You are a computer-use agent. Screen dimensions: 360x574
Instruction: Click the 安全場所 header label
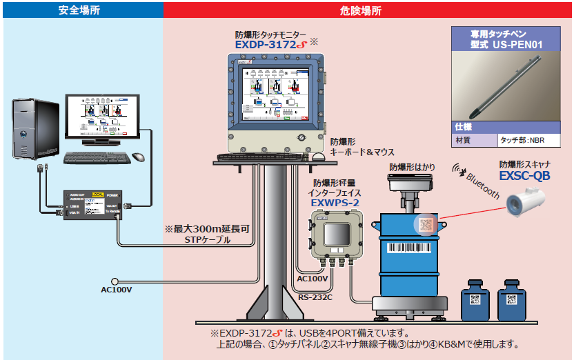coord(81,10)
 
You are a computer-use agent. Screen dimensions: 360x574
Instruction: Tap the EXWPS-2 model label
coord(335,203)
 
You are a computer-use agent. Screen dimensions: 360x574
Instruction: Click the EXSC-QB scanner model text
coord(524,177)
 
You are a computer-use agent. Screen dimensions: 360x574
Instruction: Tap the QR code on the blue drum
coord(424,225)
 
